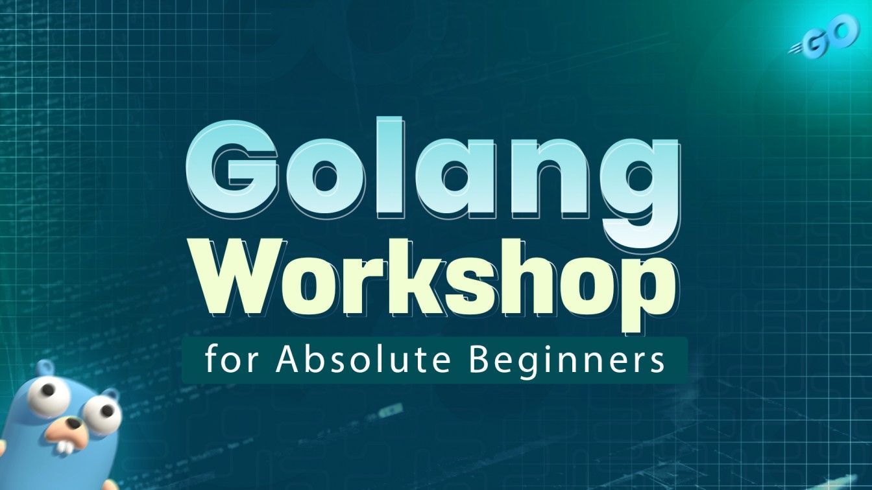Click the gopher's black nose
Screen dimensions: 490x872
tap(74, 423)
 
